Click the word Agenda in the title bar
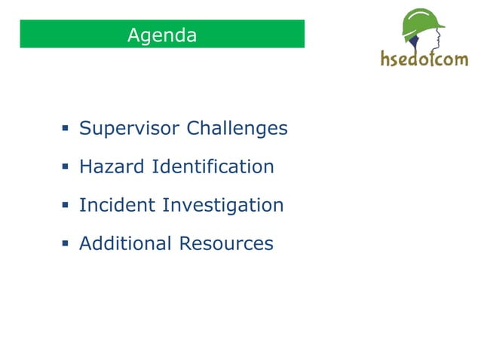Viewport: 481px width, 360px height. [162, 35]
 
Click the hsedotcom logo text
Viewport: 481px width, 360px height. [424, 58]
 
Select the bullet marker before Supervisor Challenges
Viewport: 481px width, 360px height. [66, 129]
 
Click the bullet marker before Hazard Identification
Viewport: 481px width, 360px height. [66, 167]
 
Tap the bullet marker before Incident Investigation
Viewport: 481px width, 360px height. [66, 206]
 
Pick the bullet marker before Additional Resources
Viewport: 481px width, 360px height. [66, 244]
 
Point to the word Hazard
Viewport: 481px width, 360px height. [112, 166]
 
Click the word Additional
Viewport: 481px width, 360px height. [125, 243]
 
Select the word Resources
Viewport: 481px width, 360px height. [226, 243]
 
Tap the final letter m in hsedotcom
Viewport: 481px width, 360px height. [461, 59]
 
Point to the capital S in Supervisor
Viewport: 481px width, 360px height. [85, 128]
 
